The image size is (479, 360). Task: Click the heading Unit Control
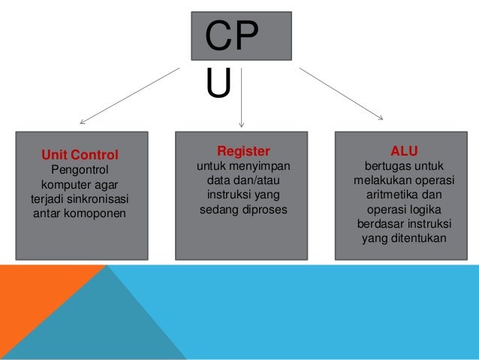(x=80, y=156)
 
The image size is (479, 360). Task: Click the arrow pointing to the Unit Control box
(x=128, y=95)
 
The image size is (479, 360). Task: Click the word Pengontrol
(x=80, y=170)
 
